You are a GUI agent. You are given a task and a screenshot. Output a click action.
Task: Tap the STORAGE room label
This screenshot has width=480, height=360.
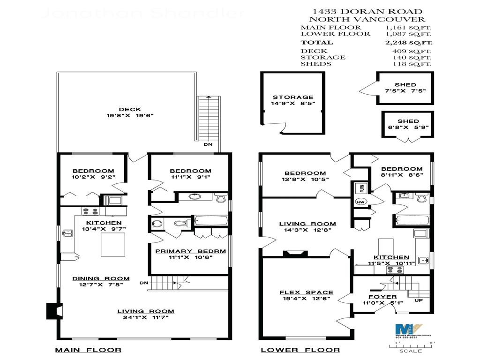[293, 97]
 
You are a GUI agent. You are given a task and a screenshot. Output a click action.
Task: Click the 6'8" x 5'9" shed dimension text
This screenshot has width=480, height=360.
[408, 127]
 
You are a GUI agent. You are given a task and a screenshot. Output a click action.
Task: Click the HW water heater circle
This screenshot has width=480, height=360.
[360, 202]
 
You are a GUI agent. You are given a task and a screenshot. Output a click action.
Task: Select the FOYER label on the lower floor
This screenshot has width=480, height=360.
[382, 297]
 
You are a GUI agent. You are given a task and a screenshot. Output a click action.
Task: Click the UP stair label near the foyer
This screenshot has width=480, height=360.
[418, 300]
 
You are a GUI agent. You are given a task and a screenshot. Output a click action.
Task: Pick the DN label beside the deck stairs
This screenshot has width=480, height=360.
[208, 144]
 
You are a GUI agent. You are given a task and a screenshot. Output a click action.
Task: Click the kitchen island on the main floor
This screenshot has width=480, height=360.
[113, 244]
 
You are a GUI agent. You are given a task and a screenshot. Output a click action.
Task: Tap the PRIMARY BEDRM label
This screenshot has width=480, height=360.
[190, 251]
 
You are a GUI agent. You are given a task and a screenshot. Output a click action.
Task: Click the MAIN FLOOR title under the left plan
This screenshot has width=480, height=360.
[88, 350]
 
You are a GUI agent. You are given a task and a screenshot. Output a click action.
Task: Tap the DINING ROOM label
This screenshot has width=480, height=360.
[101, 278]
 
